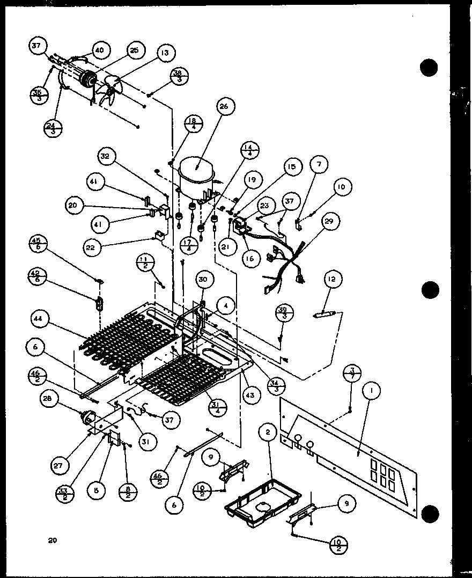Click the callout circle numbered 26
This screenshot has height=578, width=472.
tap(223, 107)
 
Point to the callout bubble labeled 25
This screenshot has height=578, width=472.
tap(134, 50)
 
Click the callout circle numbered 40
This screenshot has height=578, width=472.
tap(99, 50)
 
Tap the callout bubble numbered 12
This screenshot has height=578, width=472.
tap(333, 279)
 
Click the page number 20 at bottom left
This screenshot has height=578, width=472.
tap(52, 540)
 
